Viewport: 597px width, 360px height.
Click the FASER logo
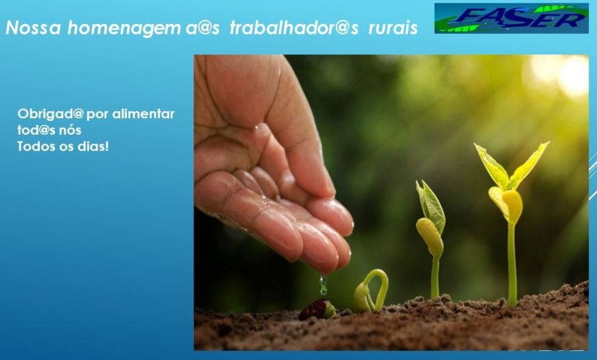[x=511, y=19]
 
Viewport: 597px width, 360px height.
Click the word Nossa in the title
[x=33, y=28]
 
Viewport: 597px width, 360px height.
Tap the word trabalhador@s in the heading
[x=295, y=28]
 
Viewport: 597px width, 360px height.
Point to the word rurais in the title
[x=393, y=29]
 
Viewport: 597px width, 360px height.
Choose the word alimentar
[x=143, y=114]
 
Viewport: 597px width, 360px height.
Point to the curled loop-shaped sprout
[x=371, y=291]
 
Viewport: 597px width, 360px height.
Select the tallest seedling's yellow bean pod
[x=512, y=206]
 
